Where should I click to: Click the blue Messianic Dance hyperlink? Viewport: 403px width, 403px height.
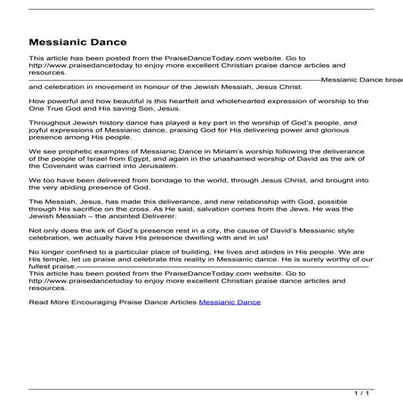(x=230, y=302)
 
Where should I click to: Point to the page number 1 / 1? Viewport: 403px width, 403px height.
(x=385, y=390)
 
